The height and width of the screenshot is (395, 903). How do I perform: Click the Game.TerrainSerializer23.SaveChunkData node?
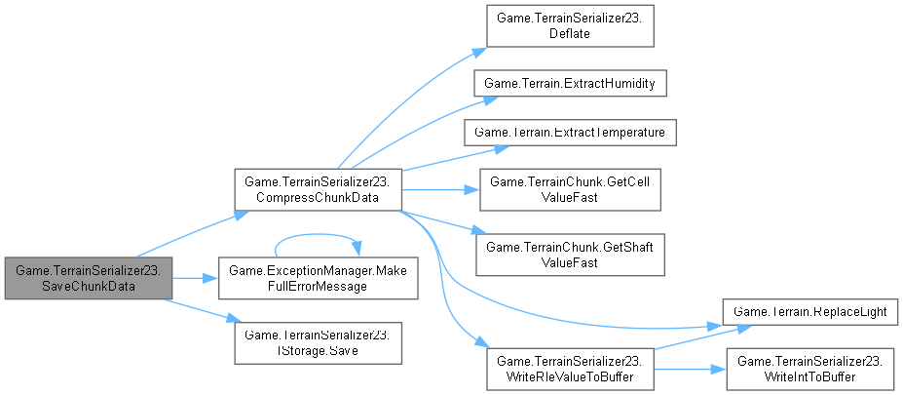pos(89,279)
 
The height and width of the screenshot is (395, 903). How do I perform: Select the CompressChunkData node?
pos(317,189)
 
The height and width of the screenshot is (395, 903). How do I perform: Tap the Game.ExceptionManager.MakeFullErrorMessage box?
pos(317,279)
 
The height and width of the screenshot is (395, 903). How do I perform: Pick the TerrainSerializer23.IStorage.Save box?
pos(317,341)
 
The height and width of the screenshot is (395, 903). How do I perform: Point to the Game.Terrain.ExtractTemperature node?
pos(569,131)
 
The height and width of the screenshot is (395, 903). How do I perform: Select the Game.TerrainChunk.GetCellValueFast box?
pos(569,189)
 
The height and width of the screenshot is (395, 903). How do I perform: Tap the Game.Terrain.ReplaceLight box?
pos(811,310)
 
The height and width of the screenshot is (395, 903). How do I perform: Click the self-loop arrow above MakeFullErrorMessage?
pos(317,235)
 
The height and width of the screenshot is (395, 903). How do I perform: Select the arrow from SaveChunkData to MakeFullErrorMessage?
pos(195,279)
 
